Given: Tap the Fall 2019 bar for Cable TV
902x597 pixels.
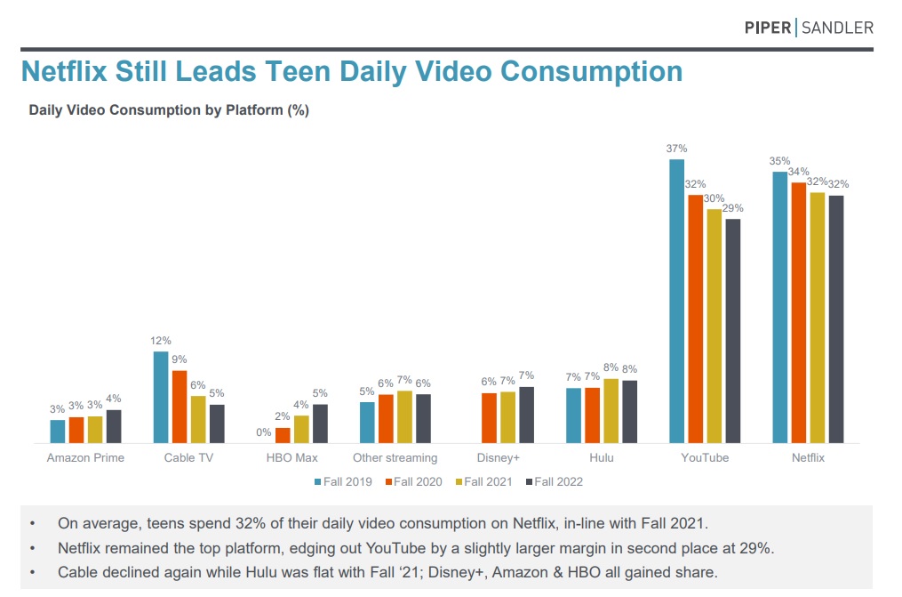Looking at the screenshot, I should pyautogui.click(x=161, y=397).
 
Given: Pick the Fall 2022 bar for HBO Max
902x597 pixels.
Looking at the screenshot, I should pyautogui.click(x=320, y=424).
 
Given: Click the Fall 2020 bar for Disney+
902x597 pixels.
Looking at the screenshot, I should pyautogui.click(x=489, y=418).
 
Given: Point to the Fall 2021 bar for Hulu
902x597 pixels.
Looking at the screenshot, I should pyautogui.click(x=611, y=411).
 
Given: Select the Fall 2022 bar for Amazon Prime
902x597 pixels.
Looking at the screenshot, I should pyautogui.click(x=114, y=426).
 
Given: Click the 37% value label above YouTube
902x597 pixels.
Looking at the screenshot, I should pyautogui.click(x=676, y=149).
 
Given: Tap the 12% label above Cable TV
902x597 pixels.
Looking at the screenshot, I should pyautogui.click(x=161, y=341).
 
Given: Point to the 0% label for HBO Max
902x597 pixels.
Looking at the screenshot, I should pyautogui.click(x=264, y=432).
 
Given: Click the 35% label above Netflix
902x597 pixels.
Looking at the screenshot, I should pyautogui.click(x=779, y=161).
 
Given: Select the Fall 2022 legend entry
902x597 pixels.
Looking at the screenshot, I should pyautogui.click(x=555, y=481).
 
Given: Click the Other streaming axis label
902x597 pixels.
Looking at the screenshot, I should pyautogui.click(x=395, y=457).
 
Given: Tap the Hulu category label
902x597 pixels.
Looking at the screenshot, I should pyautogui.click(x=601, y=457).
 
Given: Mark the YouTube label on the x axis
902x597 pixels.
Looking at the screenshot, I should pyautogui.click(x=704, y=457).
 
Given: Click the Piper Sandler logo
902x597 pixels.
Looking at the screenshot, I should pyautogui.click(x=808, y=28).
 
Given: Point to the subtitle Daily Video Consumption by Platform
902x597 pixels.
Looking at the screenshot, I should pyautogui.click(x=169, y=110).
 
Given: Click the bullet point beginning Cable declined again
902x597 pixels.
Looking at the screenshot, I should pyautogui.click(x=387, y=572).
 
